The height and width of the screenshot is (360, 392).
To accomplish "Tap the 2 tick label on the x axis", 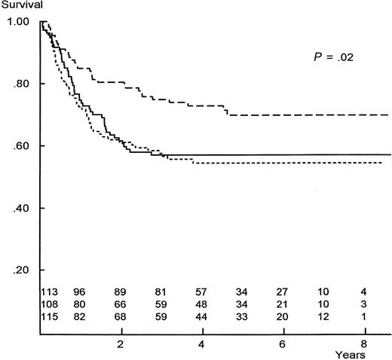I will click(x=120, y=343).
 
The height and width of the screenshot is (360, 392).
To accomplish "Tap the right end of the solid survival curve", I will click(x=390, y=154).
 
